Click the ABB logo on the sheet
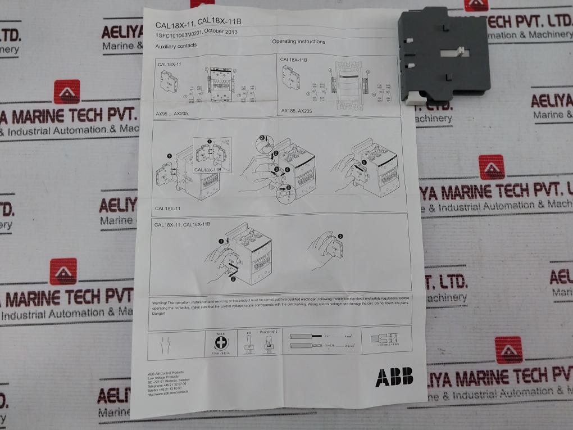(x=394, y=377)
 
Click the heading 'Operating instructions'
(x=298, y=42)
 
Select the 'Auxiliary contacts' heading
(x=176, y=46)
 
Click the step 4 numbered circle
(x=287, y=169)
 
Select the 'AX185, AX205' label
(x=296, y=111)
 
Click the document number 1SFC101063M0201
(x=180, y=35)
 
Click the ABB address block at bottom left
(x=169, y=384)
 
